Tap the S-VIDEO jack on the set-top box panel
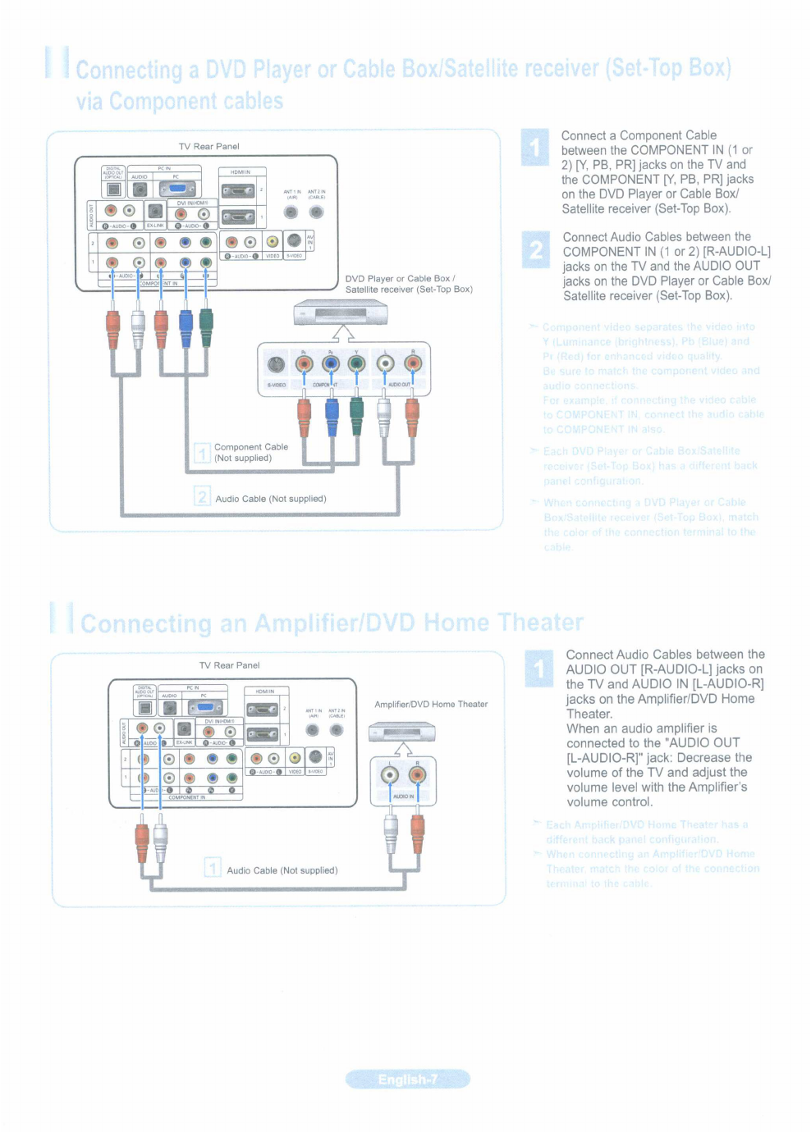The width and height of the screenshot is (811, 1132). coord(276,364)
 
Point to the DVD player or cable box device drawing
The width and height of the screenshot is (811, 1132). coord(341,313)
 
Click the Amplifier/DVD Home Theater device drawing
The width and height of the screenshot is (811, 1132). coord(401,732)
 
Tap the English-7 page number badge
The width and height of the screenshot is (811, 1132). coord(408,1080)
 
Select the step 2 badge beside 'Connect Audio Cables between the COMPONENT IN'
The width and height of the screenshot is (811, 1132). coord(536,249)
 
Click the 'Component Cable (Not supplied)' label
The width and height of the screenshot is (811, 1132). coord(250,453)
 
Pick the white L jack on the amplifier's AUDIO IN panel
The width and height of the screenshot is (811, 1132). coord(390,775)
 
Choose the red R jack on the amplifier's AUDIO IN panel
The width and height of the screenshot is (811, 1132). coord(417,775)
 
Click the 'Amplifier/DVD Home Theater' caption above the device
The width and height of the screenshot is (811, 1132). coord(431,705)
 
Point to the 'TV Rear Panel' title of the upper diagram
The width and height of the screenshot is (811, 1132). coord(209,147)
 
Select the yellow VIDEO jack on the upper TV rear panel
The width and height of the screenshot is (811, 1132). coord(272,241)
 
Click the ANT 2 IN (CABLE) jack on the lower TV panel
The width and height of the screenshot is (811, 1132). coord(337,730)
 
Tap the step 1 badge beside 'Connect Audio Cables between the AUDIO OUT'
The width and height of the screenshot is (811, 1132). coord(539,669)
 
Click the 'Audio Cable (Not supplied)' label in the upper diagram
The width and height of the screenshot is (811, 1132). coord(270,499)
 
